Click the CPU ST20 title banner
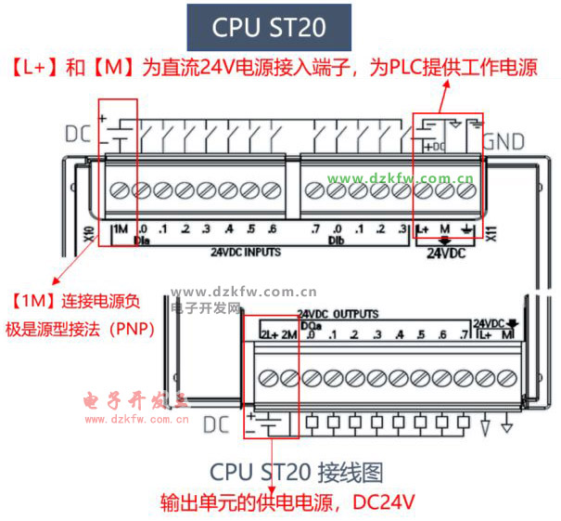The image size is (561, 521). pos(269,27)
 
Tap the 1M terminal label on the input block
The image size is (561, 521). pos(120,229)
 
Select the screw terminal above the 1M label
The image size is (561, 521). pos(121,190)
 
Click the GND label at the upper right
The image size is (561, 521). pos(504,142)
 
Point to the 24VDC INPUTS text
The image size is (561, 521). pos(245,251)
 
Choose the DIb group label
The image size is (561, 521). pos(336,240)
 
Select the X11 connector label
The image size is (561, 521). pos(490,232)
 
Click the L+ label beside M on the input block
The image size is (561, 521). pos(424,229)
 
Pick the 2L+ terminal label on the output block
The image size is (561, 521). pos(268,335)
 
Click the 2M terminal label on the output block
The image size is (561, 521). pos(288,335)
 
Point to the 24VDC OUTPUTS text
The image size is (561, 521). pos(338,315)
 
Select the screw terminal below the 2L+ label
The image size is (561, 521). pos(269,378)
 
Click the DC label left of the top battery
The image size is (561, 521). pos(78,133)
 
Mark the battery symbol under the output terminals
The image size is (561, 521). pos(268,425)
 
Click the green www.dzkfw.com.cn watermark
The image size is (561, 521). pos(402,178)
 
